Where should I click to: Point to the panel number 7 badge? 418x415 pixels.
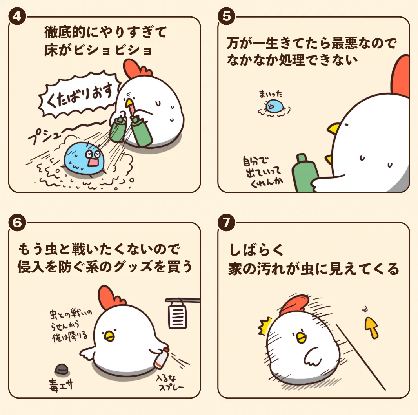226,223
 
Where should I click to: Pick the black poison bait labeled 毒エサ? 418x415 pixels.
62,369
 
